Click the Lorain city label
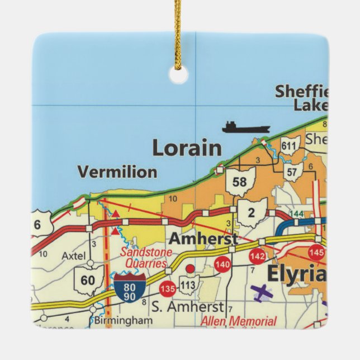(x=187, y=148)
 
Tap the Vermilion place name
(x=117, y=172)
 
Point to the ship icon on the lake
(x=245, y=127)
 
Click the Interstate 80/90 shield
(x=130, y=288)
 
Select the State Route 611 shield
(x=289, y=146)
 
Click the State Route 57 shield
(x=291, y=172)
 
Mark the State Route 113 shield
(x=190, y=285)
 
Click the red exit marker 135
(x=167, y=289)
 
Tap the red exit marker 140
(x=222, y=264)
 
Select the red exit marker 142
(x=257, y=257)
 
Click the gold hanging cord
(x=178, y=34)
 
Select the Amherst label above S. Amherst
(x=202, y=239)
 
